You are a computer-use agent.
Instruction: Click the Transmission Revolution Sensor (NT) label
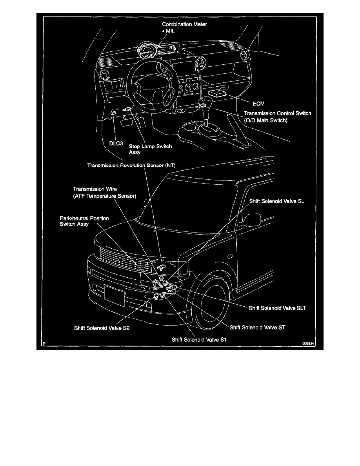(133, 165)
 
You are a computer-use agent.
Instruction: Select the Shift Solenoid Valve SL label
(277, 201)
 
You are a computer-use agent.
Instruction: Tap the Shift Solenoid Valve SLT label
(277, 308)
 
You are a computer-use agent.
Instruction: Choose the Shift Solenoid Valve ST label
(257, 326)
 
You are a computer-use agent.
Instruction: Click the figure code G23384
(308, 342)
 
